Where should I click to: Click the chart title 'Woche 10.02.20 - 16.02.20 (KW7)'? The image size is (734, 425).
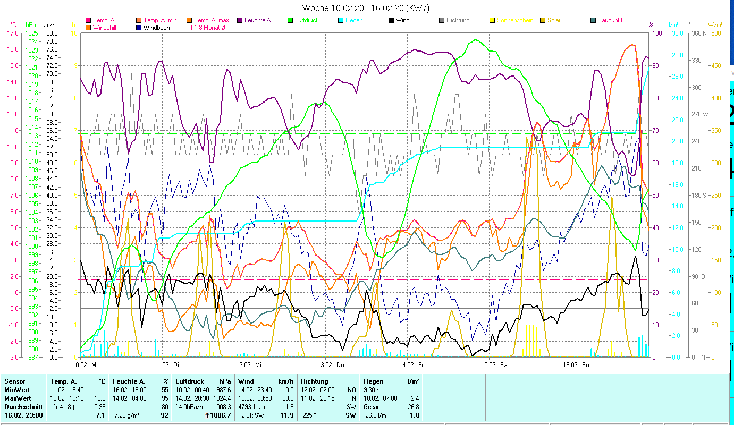pos(366,8)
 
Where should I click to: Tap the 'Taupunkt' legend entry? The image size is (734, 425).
pos(610,20)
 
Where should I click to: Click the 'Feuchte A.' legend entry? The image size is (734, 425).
pos(258,20)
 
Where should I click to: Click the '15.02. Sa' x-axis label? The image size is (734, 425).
pos(494,365)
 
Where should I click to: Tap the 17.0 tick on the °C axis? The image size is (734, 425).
pos(12,33)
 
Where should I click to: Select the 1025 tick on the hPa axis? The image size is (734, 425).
pos(31,33)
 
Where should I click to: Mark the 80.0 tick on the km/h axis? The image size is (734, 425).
pos(52,33)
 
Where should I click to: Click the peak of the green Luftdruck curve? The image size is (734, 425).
pos(475,39)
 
